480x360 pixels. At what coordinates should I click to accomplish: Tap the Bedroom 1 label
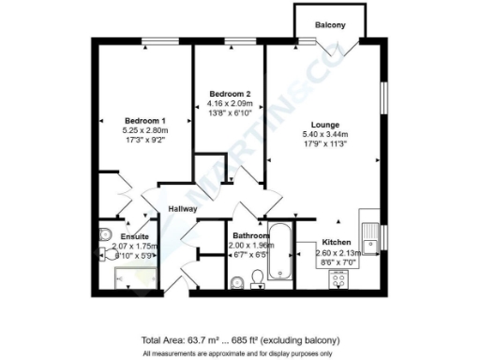[145, 120]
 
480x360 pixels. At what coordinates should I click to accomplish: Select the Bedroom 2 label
[230, 94]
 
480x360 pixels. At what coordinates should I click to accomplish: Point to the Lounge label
[325, 125]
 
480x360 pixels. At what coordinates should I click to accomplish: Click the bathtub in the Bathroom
[281, 252]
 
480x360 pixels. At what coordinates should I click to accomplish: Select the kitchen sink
[372, 235]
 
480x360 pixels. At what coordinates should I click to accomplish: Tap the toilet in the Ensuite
[105, 233]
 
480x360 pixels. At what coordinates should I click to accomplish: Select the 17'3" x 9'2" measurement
[145, 139]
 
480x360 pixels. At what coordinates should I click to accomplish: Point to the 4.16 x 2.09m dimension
[230, 103]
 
